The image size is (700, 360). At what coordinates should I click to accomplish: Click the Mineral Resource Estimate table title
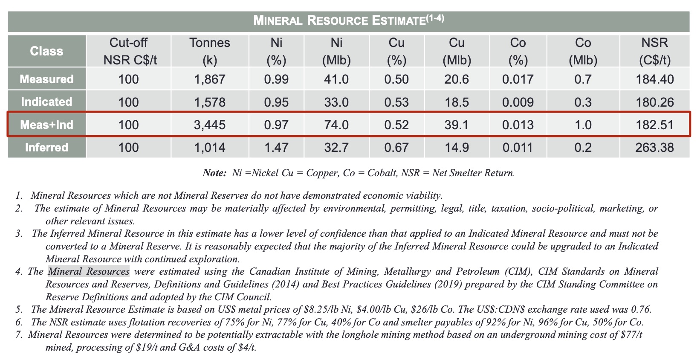coord(348,20)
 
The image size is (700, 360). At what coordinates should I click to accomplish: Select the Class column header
coord(46,51)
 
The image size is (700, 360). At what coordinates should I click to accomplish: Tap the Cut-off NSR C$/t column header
coord(128,51)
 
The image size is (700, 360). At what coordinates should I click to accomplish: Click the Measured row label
coord(46,79)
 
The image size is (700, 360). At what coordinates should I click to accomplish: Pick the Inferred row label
coord(46,148)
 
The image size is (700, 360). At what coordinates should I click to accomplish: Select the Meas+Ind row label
coord(46,125)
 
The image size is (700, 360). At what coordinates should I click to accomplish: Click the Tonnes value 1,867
coord(210,79)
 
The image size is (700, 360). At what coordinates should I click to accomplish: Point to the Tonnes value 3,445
coord(210,125)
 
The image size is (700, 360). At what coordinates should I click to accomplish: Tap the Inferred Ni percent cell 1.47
coord(276,148)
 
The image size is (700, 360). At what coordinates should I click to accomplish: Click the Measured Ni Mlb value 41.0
coord(336,79)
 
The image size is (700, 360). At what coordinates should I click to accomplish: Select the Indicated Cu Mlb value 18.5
coord(457,102)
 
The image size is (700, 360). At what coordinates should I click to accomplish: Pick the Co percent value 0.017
coord(518,79)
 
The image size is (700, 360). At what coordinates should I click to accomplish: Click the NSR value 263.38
coord(654,148)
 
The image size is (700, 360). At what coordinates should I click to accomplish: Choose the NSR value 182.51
coord(654,125)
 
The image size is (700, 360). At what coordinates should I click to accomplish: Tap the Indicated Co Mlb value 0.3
coord(583,102)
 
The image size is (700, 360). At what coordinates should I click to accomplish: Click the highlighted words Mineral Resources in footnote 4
coord(89,272)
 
